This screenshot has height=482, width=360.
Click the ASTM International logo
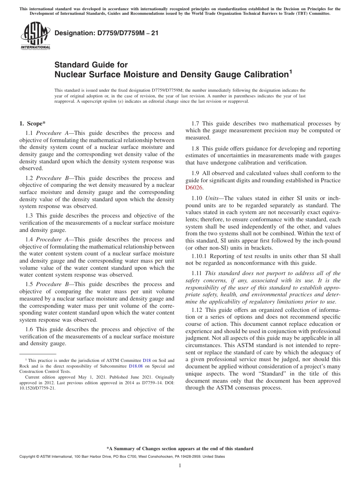point(35,36)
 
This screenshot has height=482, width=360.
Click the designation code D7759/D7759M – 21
point(106,33)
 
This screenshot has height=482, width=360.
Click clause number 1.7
point(196,124)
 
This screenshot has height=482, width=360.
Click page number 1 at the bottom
point(180,466)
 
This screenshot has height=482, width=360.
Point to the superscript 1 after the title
point(291,71)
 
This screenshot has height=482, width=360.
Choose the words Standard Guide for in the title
point(91,65)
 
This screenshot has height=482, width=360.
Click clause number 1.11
point(197,273)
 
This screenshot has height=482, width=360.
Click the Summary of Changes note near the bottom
point(180,449)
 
